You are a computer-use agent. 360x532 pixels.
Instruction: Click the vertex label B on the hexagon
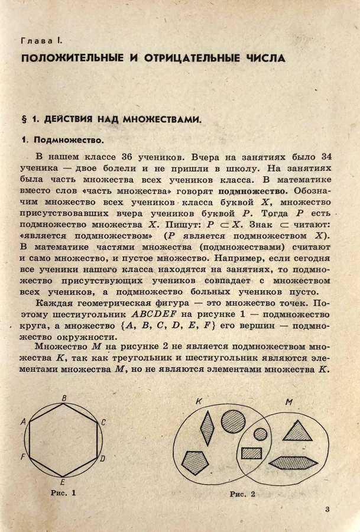[x=63, y=398]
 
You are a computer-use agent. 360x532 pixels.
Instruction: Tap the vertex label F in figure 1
[x=22, y=457]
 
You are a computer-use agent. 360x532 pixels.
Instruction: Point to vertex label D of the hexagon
[x=102, y=459]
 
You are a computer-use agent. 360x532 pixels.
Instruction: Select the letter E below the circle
[x=63, y=482]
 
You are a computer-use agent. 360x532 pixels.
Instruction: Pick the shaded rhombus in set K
[x=207, y=427]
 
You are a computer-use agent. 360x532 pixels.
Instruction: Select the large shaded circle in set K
[x=233, y=420]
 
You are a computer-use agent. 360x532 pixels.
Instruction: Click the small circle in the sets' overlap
[x=260, y=434]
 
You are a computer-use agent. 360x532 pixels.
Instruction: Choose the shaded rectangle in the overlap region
[x=252, y=453]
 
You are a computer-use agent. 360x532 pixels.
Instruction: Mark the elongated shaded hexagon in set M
[x=293, y=462]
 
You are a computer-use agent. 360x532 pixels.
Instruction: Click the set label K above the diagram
[x=199, y=401]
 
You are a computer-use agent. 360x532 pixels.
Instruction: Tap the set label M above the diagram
[x=288, y=402]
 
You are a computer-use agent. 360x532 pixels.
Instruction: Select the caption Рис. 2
[x=242, y=494]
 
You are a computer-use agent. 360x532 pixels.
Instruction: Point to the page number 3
[x=327, y=510]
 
